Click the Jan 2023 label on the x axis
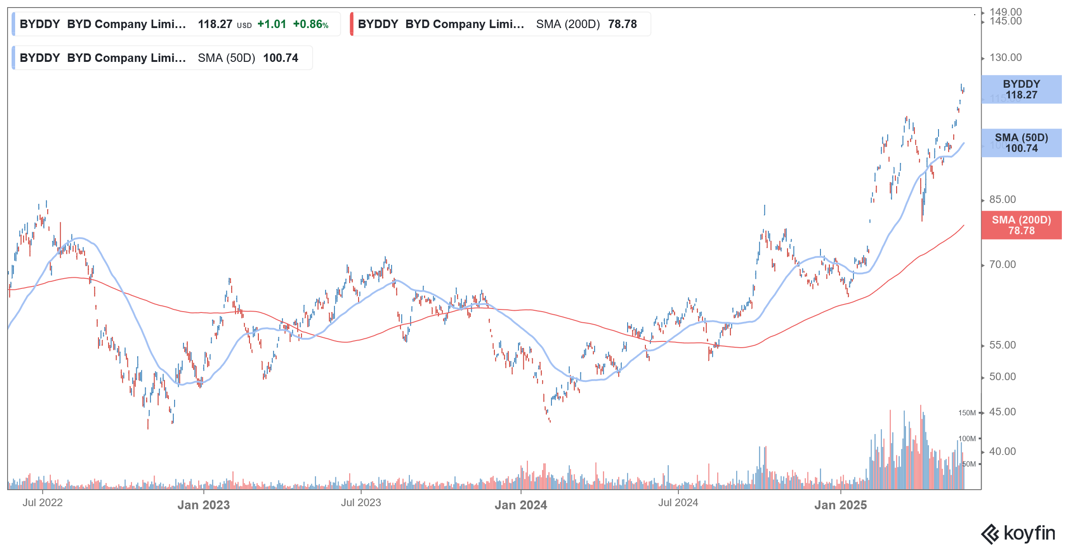point(204,505)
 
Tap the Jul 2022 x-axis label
point(43,503)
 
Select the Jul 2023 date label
point(361,503)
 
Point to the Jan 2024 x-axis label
point(521,505)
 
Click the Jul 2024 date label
point(678,503)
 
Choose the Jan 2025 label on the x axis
point(841,505)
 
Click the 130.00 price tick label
point(1005,57)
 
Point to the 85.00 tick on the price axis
point(1002,199)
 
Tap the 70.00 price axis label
point(1002,264)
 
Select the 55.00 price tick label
point(1002,345)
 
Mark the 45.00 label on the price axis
point(1002,412)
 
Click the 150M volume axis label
point(967,413)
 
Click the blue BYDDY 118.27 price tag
point(1021,89)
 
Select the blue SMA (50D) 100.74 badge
point(1021,143)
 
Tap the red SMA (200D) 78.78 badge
point(1021,225)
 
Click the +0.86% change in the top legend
point(310,24)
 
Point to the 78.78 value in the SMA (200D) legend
point(622,24)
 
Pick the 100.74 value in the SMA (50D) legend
point(281,58)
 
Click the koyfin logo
point(1018,533)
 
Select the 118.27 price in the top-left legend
point(215,24)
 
